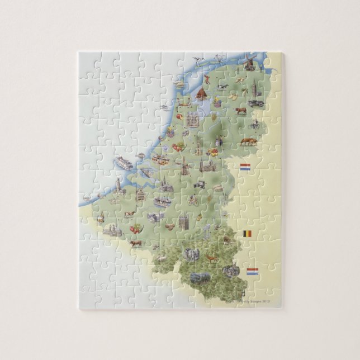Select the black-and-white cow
click(x=222, y=87)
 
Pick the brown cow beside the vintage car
click(x=240, y=111)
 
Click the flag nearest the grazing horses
click(x=245, y=167)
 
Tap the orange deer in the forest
click(x=211, y=258)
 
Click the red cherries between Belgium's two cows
click(x=135, y=229)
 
